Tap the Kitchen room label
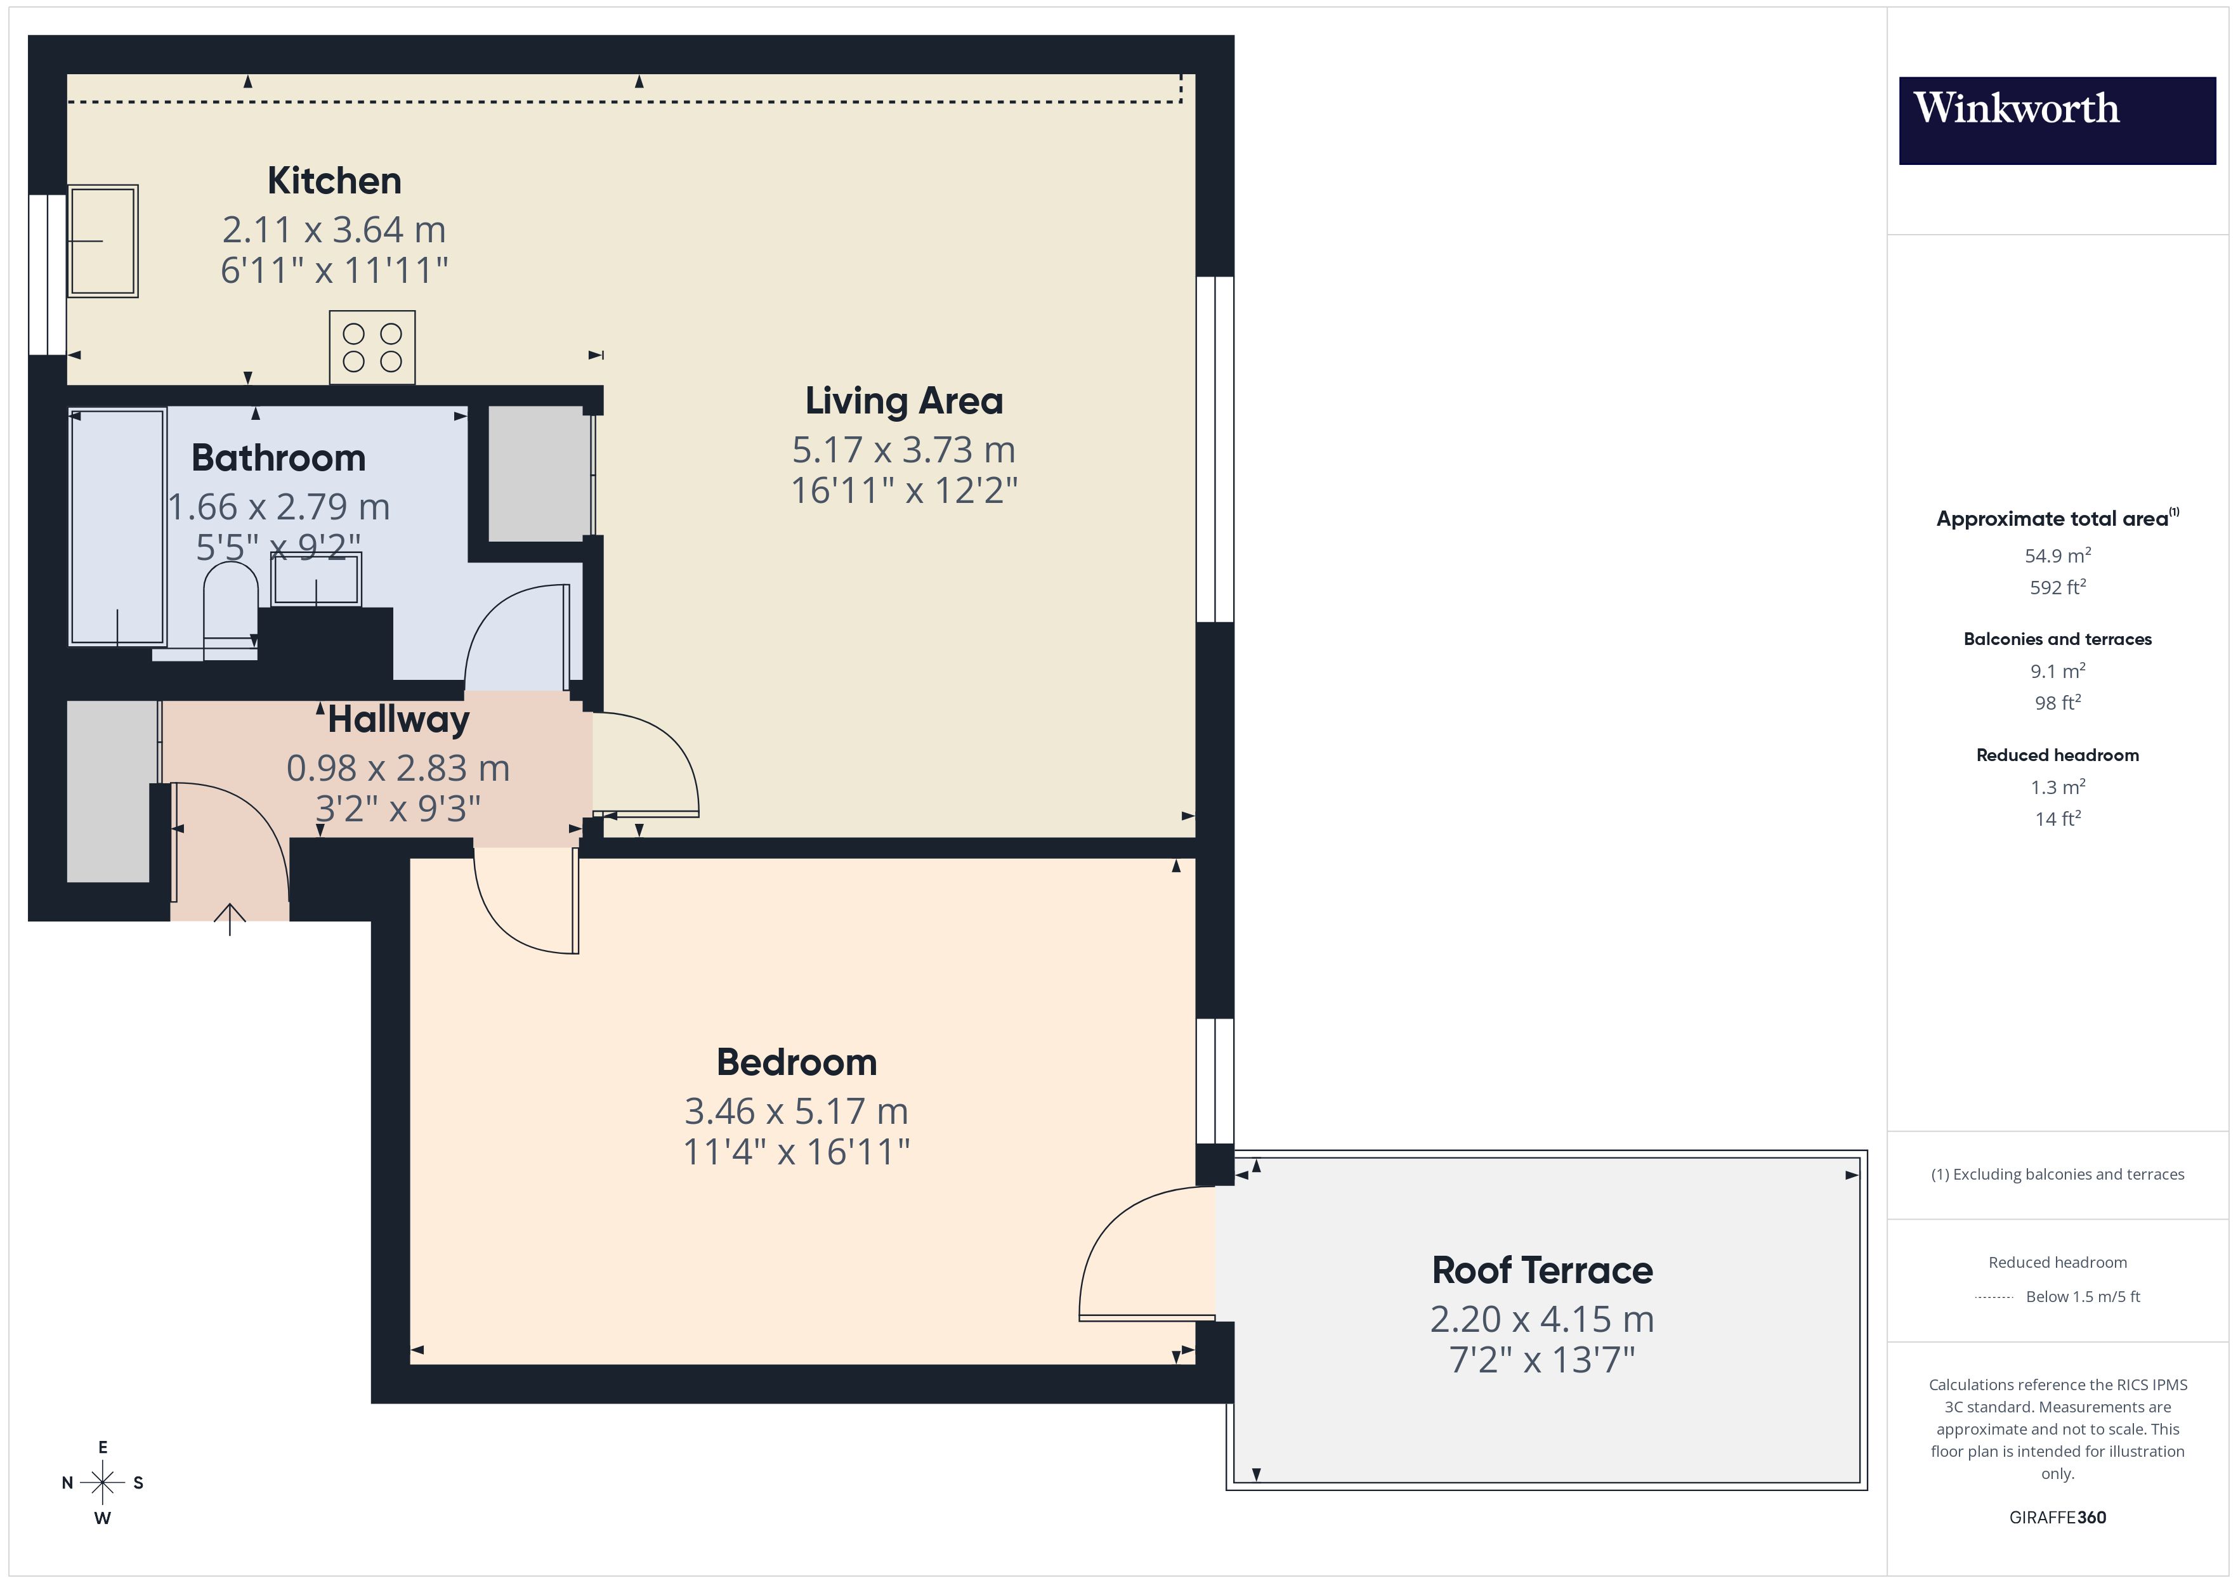tap(334, 181)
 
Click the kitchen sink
tap(102, 241)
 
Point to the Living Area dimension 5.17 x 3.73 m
tap(903, 450)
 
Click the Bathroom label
tap(278, 458)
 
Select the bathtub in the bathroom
tap(117, 526)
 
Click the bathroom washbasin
tap(316, 580)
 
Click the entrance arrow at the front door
tap(230, 918)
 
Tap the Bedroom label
tap(795, 1062)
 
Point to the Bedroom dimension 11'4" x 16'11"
tap(795, 1152)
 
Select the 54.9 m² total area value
tap(2057, 556)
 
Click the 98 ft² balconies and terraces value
tap(2057, 703)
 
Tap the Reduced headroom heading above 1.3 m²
tap(2057, 755)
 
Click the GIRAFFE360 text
tap(2057, 1518)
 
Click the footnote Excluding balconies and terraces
tap(2057, 1175)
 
